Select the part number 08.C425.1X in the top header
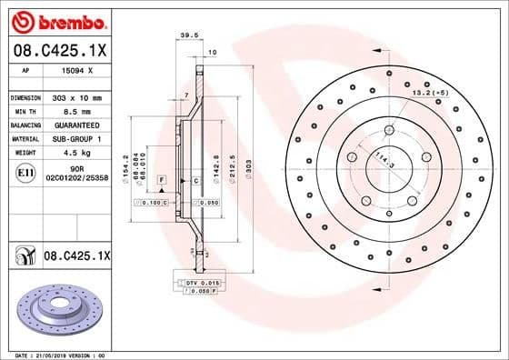(x=59, y=49)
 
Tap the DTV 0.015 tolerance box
(x=204, y=285)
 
